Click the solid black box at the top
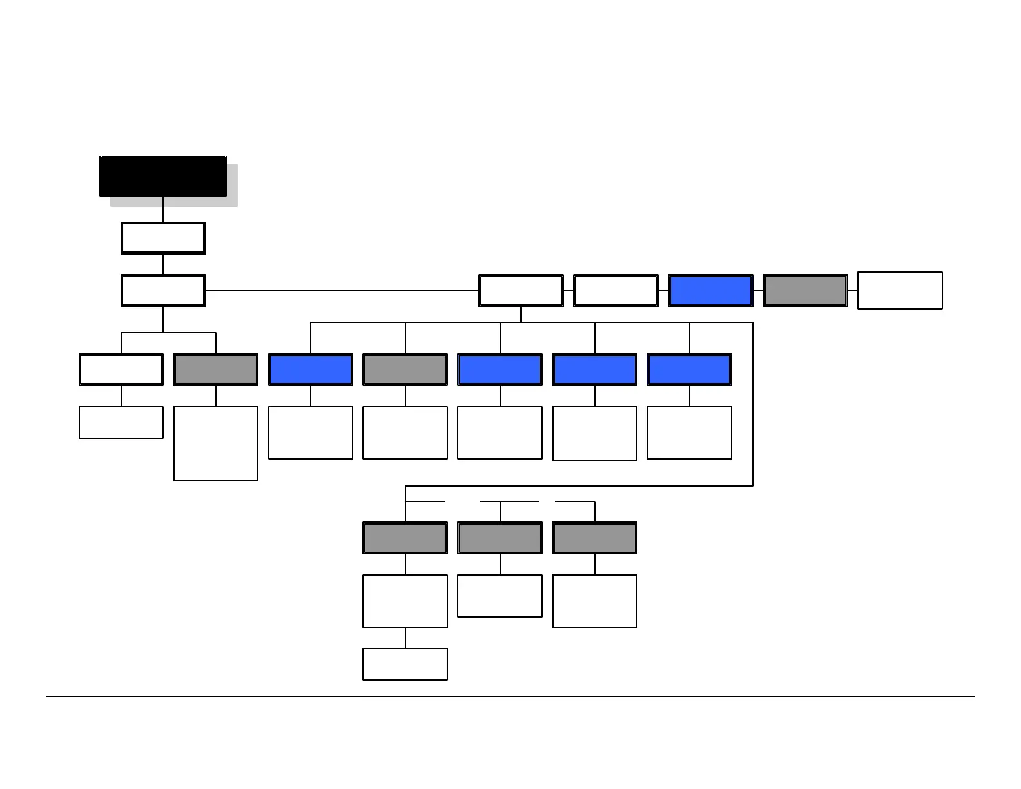(162, 175)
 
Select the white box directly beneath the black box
(163, 238)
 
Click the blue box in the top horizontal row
(710, 291)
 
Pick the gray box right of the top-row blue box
(805, 291)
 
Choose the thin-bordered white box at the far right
(900, 291)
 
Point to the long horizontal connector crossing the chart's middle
(342, 291)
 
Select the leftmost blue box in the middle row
(311, 369)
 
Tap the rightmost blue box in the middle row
(689, 369)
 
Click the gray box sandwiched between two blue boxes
(405, 369)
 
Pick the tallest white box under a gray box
(216, 443)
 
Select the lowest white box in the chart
(405, 664)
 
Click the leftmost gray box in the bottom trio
(405, 538)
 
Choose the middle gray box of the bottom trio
(500, 538)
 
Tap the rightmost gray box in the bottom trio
(594, 538)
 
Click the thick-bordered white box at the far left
(121, 369)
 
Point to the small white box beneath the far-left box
(121, 422)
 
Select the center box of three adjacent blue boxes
(594, 369)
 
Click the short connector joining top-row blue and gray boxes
(758, 291)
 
